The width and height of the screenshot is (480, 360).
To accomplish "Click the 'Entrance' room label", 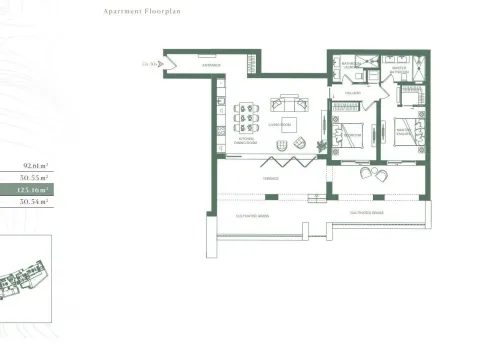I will [x=211, y=64].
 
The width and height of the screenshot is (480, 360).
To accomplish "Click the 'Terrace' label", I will [x=271, y=179].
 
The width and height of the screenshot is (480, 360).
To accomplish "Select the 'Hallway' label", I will [x=352, y=92].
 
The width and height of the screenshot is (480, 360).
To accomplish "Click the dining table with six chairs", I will [x=245, y=118].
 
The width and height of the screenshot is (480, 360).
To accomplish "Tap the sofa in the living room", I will [x=289, y=103].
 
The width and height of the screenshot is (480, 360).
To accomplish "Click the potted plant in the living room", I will [x=321, y=146].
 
